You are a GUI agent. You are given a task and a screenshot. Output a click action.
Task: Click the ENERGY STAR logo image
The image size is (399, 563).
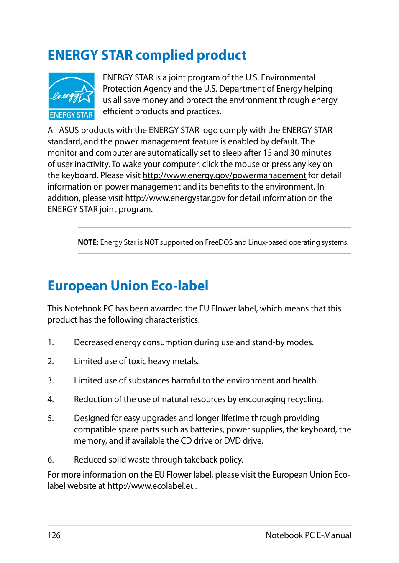tap(71, 96)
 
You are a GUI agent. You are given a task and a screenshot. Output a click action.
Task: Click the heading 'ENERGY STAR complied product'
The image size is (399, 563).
tap(147, 55)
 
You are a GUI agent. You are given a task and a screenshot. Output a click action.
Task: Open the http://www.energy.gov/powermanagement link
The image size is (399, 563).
tap(224, 175)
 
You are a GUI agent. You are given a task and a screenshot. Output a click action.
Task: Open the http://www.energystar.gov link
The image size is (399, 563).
tap(175, 198)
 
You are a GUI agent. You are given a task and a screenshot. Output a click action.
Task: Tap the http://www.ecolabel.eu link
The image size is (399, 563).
tap(151, 486)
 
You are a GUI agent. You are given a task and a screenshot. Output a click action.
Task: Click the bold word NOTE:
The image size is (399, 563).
tap(88, 242)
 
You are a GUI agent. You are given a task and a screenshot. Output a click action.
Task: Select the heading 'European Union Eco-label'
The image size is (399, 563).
tap(128, 286)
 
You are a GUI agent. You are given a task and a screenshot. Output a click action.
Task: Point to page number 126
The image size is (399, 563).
tap(54, 535)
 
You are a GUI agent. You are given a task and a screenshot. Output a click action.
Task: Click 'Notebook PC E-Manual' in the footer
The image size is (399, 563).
tap(308, 535)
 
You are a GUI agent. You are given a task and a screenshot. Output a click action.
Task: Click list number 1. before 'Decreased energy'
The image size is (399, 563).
tap(51, 342)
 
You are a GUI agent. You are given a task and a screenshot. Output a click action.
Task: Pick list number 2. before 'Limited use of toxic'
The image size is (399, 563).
tap(51, 361)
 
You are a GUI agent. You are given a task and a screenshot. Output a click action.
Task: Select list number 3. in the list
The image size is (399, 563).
tap(51, 380)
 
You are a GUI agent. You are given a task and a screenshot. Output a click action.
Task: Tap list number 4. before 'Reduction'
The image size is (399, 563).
tap(51, 399)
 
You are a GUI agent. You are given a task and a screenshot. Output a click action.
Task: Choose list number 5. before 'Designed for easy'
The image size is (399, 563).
tap(51, 418)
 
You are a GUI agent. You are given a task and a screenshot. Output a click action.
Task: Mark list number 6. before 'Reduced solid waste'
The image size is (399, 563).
tap(51, 460)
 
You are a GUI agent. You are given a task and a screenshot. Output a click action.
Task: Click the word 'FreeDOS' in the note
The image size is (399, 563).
tap(219, 242)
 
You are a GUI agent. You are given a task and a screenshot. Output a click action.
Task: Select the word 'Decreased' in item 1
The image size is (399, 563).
tap(93, 342)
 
